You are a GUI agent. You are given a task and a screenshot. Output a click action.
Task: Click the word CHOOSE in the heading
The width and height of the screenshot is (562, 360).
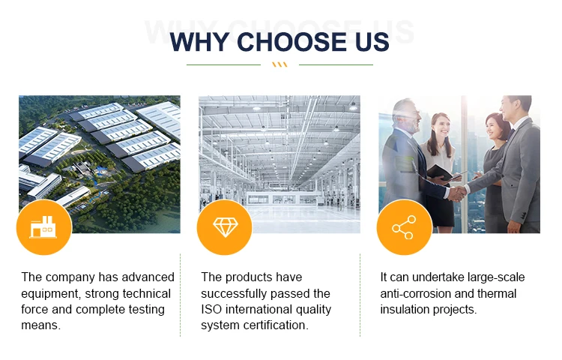[x=291, y=42]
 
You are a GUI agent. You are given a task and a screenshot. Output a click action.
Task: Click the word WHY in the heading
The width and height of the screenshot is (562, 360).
[x=199, y=42]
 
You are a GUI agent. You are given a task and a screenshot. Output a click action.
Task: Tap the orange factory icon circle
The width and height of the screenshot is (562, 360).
[x=44, y=227]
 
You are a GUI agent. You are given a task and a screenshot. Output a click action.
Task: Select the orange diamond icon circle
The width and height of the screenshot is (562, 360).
[x=225, y=227]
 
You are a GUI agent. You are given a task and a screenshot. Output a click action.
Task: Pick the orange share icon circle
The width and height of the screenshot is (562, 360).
[x=405, y=227]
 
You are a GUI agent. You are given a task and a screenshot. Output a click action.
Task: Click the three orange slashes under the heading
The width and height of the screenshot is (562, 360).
[x=280, y=64]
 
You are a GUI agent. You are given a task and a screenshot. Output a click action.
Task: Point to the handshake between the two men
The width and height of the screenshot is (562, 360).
[x=458, y=193]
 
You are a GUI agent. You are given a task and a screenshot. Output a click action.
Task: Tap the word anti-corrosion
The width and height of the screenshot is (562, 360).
[x=416, y=293]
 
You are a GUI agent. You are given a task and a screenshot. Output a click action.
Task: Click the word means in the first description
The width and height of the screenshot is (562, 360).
[x=41, y=325]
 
